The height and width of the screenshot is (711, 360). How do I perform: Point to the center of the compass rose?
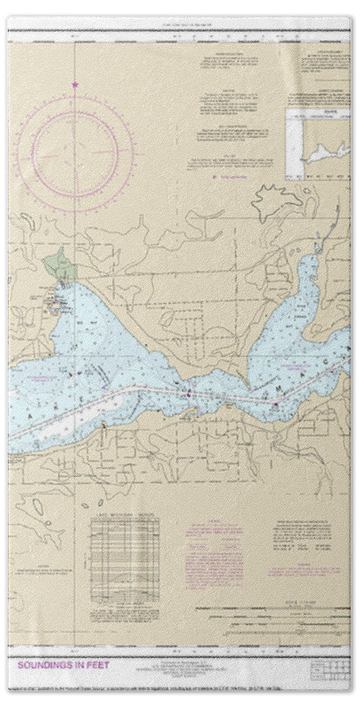click(75, 145)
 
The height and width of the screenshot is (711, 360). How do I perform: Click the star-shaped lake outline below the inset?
click(276, 199)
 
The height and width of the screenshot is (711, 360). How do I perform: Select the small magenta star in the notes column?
click(215, 176)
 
